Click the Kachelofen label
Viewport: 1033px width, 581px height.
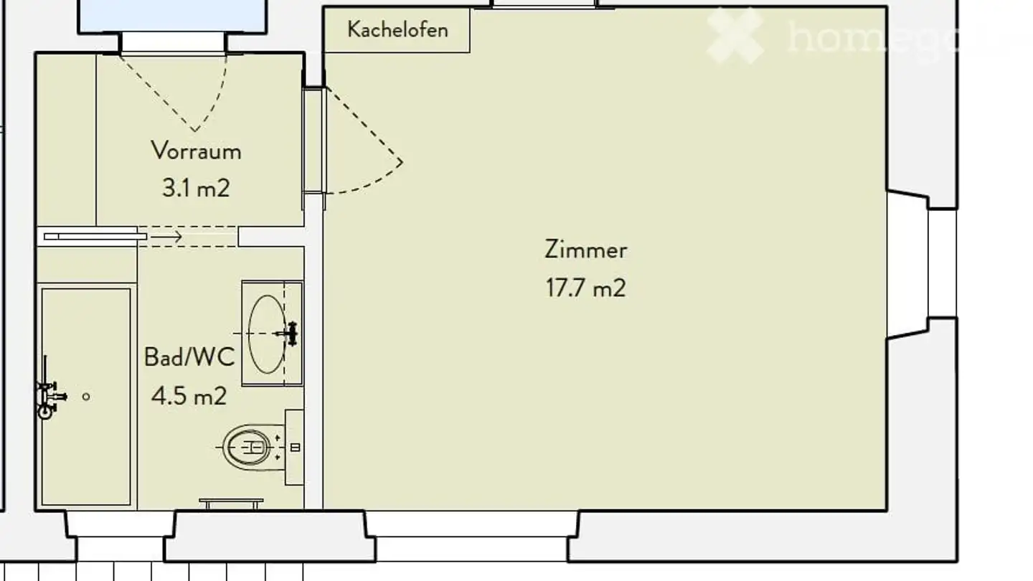[397, 29]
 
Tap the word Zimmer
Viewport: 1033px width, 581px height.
[585, 250]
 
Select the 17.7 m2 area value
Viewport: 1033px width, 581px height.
[585, 288]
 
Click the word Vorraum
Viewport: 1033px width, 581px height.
[196, 151]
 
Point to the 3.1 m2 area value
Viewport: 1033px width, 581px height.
[196, 189]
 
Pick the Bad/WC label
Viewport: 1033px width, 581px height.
[189, 356]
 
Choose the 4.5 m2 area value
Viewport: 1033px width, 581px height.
[189, 395]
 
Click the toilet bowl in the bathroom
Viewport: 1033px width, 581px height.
[248, 448]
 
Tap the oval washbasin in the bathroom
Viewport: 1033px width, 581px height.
[266, 334]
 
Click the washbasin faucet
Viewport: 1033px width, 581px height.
[290, 334]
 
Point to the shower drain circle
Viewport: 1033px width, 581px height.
[86, 397]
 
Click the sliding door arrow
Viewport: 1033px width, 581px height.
[168, 236]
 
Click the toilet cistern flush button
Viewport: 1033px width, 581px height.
[295, 448]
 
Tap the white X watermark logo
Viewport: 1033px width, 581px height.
[735, 35]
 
